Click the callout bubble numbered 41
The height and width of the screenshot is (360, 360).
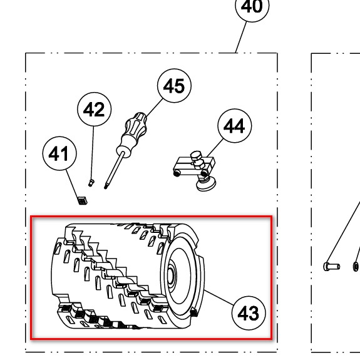[x=59, y=153]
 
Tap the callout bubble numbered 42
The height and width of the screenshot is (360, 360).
[x=95, y=110]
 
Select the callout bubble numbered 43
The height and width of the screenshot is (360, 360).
[x=249, y=313]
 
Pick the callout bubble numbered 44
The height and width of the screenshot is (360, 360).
[x=235, y=126]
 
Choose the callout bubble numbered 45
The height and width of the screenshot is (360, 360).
[x=174, y=86]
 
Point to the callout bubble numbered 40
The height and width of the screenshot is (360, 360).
[x=252, y=6]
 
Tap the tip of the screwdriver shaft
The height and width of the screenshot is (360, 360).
[x=106, y=188]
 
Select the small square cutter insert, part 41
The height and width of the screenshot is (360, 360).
[x=82, y=200]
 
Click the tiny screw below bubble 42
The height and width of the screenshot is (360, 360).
[x=91, y=183]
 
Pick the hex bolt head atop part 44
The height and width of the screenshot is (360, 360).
[x=197, y=155]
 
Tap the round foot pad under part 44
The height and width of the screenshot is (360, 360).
[x=206, y=185]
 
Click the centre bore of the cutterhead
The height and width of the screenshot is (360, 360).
[x=171, y=275]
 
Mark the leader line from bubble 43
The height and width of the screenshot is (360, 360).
[x=219, y=298]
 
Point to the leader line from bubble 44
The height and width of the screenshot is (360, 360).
[x=215, y=148]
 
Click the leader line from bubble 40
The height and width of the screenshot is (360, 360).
[x=241, y=37]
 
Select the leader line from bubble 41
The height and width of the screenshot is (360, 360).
[x=73, y=183]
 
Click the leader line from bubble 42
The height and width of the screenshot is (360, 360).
[x=93, y=153]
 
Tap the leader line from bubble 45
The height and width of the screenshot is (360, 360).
[x=154, y=108]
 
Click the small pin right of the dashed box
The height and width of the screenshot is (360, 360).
[x=332, y=266]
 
